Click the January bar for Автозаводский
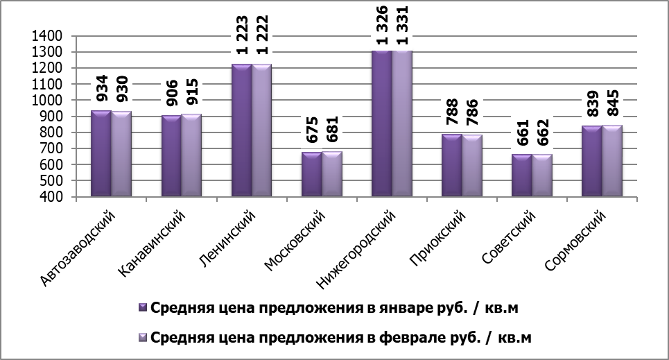(x=101, y=154)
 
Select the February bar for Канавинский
(x=191, y=155)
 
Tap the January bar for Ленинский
(x=241, y=130)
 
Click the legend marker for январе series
(x=143, y=307)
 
